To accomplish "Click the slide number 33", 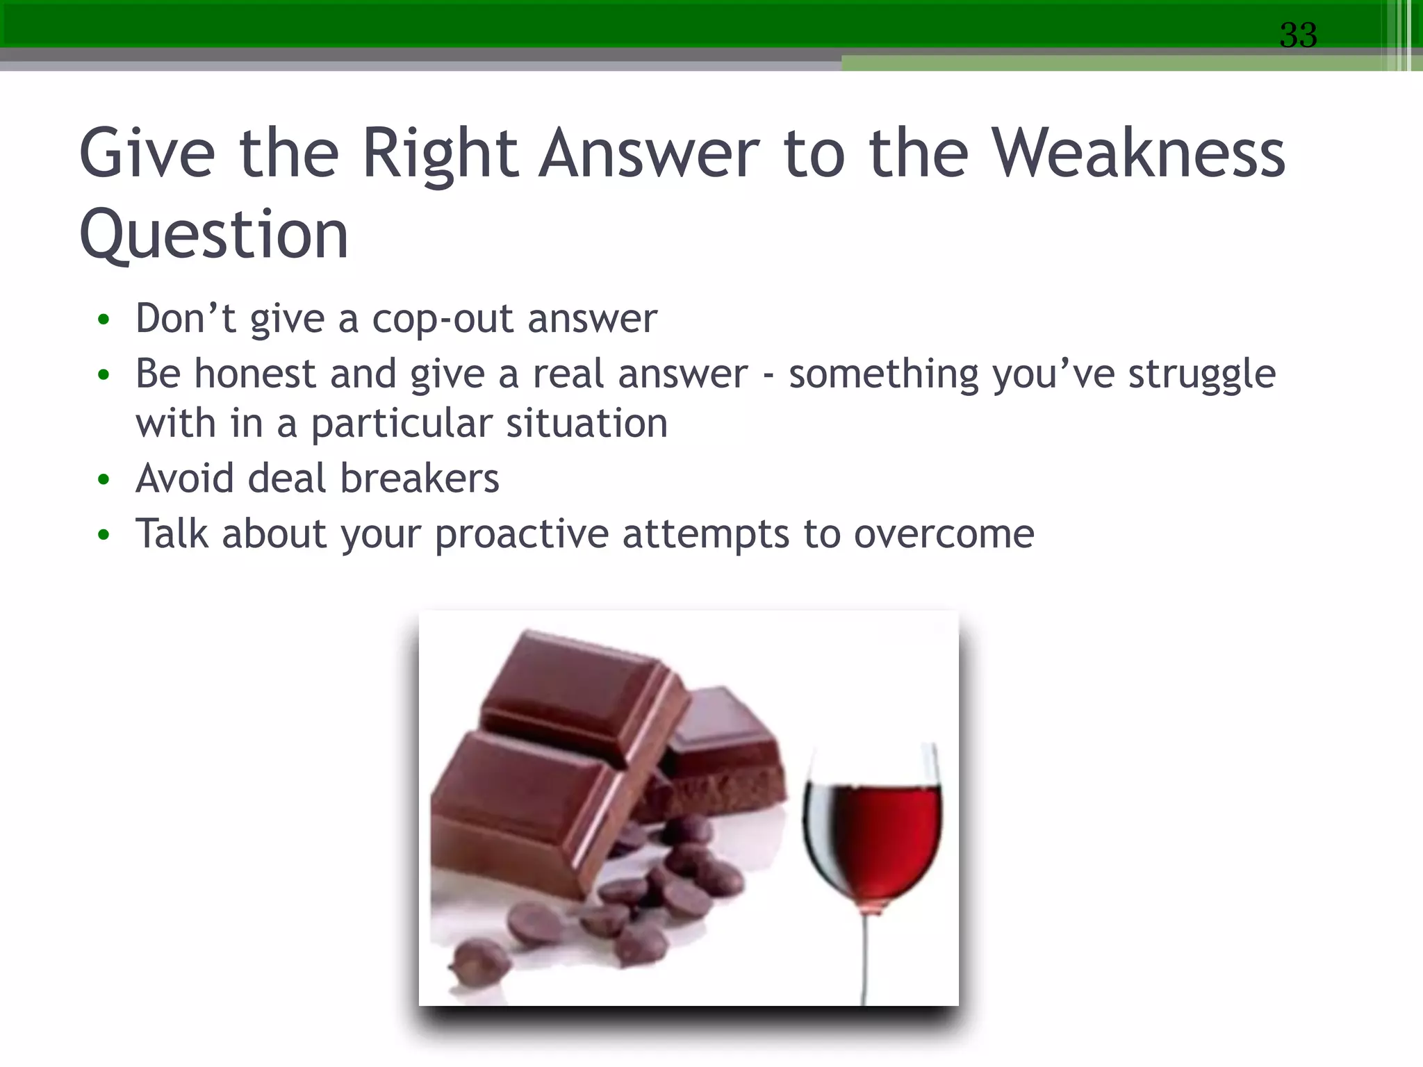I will tap(1298, 35).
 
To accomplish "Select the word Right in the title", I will tap(440, 154).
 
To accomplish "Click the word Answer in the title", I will tap(650, 154).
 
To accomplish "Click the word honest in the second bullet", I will tap(255, 374).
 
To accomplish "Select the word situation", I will tap(586, 424).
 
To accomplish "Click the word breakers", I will tap(419, 479).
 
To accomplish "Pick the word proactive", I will tap(522, 535).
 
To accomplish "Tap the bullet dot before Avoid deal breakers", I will tap(104, 479).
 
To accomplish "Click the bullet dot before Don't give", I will tap(104, 320).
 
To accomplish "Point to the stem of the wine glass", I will tap(866, 959).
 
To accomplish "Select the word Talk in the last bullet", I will tap(172, 534).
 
